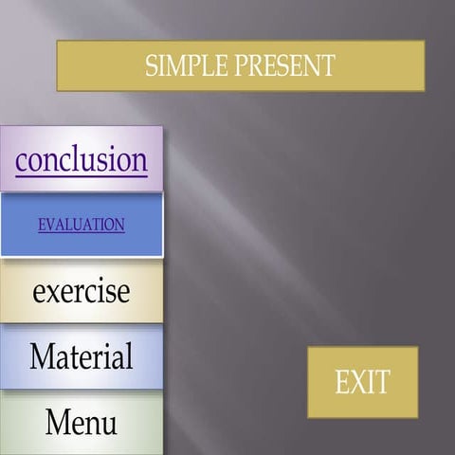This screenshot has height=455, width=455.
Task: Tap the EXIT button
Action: pos(362,383)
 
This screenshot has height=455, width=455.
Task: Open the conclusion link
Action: pos(82,159)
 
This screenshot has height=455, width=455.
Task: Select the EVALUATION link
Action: pos(82,226)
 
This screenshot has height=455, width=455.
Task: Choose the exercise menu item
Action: pos(82,291)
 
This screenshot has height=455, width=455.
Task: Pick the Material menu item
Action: pos(82,357)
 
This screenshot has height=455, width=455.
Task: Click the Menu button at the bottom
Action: pos(82,421)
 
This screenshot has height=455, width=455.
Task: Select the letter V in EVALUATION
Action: pos(49,226)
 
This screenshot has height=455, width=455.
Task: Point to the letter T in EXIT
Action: pos(381,383)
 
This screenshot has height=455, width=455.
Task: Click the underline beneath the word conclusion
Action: pos(82,176)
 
